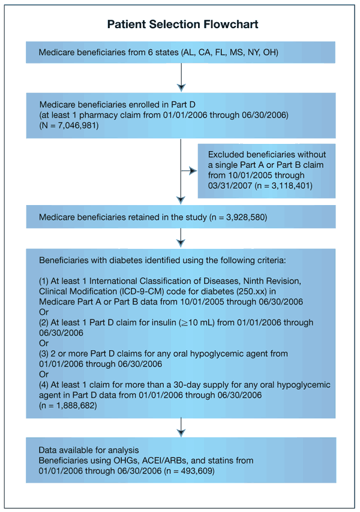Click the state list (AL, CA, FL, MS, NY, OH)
(x=237, y=53)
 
